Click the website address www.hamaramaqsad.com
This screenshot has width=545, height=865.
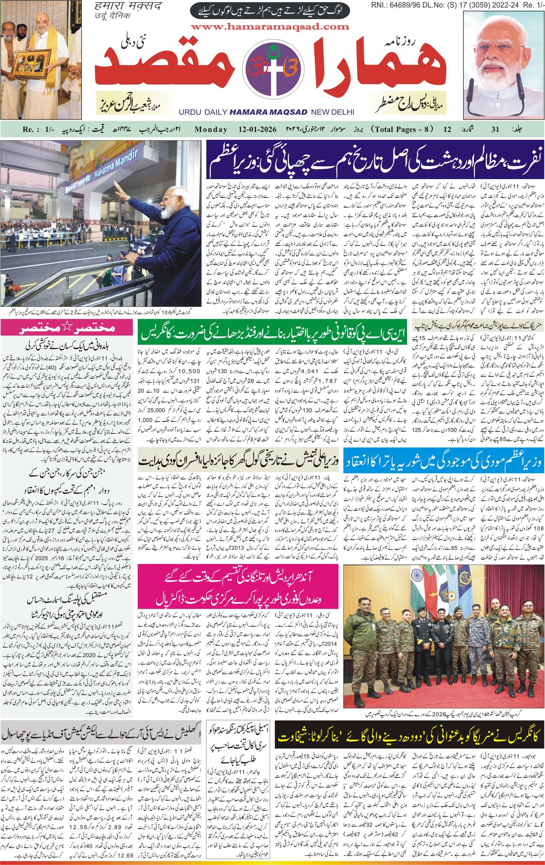pyautogui.click(x=270, y=27)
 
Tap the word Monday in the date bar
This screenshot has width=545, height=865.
pyautogui.click(x=211, y=129)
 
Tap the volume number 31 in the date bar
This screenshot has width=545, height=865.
pyautogui.click(x=495, y=129)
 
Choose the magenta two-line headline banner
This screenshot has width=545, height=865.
pyautogui.click(x=239, y=586)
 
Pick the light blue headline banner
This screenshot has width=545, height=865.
pyautogui.click(x=444, y=461)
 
